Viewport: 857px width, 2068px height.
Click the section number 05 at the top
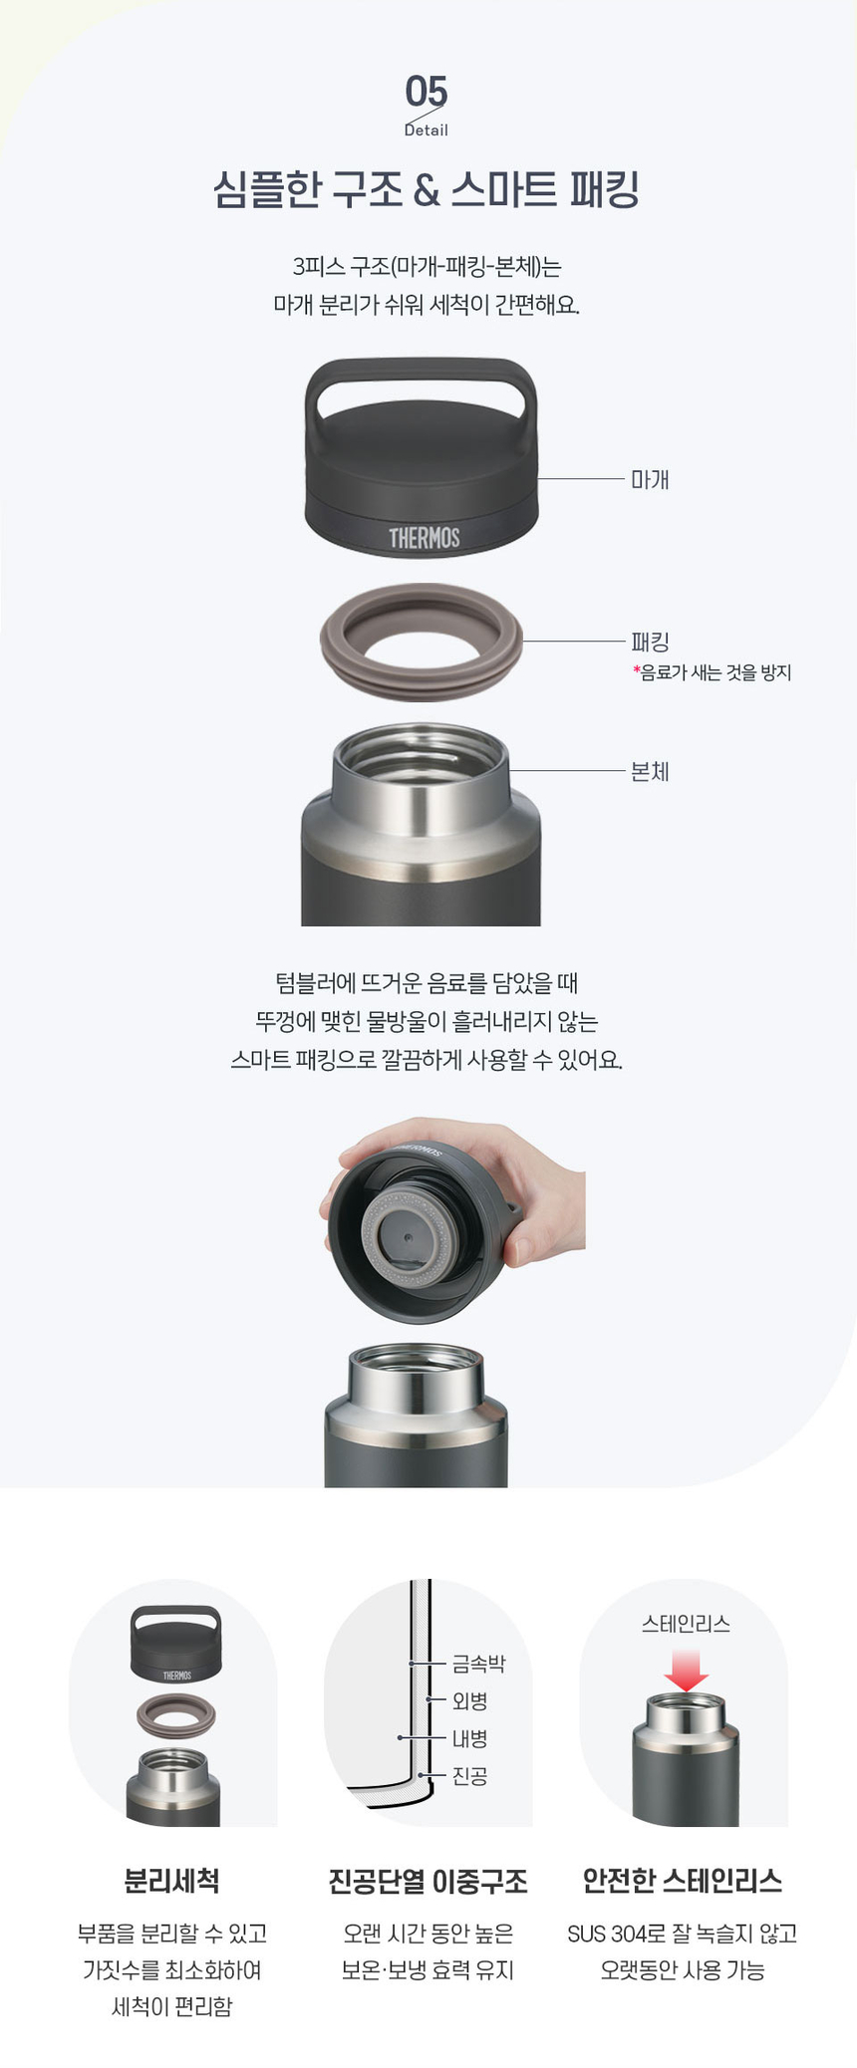[x=427, y=92]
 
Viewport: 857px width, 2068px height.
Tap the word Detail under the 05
[x=427, y=130]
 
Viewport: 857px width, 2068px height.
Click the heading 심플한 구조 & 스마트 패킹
[x=427, y=189]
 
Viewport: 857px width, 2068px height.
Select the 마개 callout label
[x=650, y=479]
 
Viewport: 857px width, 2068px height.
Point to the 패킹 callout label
[x=650, y=643]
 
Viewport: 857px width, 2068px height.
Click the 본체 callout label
[x=650, y=771]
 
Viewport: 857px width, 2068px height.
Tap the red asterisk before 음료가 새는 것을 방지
[x=636, y=669]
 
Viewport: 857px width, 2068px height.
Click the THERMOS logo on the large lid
[x=425, y=538]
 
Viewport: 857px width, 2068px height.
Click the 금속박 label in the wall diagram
[x=479, y=1663]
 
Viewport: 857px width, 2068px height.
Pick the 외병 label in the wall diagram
[x=470, y=1700]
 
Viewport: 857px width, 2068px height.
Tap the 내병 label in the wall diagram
[x=470, y=1738]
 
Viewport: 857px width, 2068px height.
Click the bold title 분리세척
[x=171, y=1881]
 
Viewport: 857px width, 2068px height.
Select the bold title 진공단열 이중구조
[x=428, y=1881]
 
